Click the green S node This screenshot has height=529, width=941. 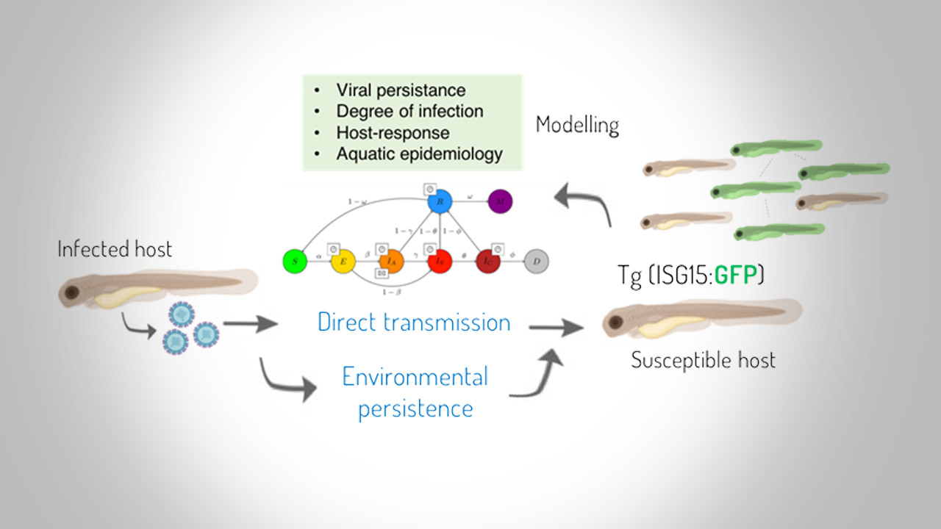tap(293, 261)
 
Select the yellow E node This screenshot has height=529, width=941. tap(343, 261)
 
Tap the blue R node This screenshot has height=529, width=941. tap(439, 201)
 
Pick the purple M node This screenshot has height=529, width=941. tap(500, 201)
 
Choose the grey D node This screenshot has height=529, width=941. tap(537, 261)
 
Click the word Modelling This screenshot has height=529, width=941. tap(576, 125)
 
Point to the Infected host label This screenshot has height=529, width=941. tap(115, 249)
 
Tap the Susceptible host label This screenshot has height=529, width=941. tap(703, 361)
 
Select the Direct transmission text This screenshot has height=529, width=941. tap(414, 322)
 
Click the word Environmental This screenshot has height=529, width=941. tap(415, 377)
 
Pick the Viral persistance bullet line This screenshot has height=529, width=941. tap(401, 90)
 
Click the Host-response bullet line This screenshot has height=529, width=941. tap(393, 133)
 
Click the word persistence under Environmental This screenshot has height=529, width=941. tap(415, 409)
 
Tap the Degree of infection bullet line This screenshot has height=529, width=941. tap(409, 112)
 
